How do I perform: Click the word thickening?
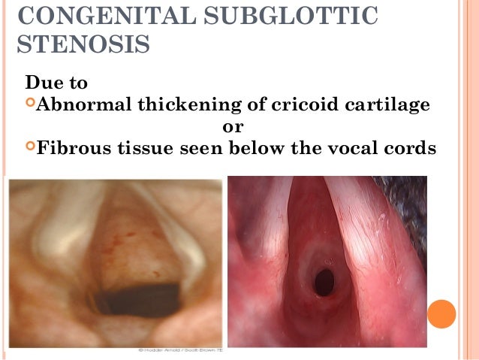click(182, 104)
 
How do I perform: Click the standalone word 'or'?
click(233, 126)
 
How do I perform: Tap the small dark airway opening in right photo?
click(324, 281)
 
